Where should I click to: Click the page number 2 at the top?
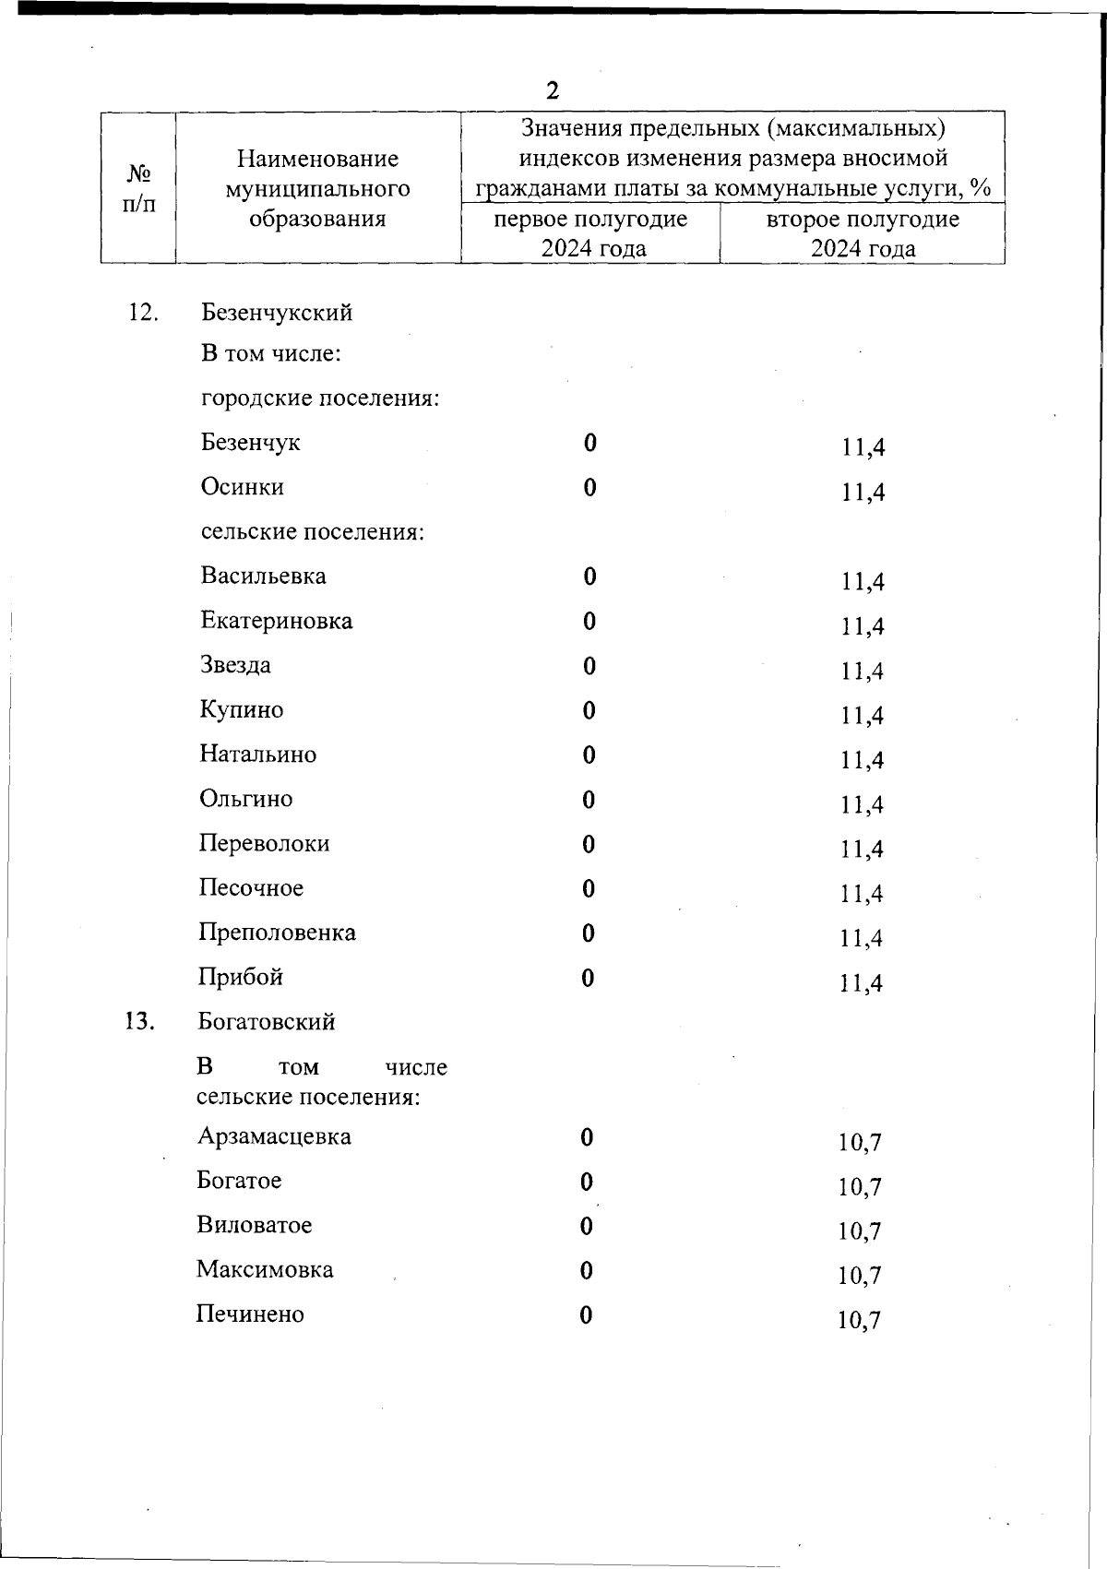pos(552,90)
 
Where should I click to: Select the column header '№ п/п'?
pos(138,188)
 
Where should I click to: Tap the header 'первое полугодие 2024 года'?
pos(590,233)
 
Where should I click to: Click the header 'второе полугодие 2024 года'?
pos(863,233)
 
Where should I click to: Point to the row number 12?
pos(143,312)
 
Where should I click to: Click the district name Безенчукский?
pos(277,313)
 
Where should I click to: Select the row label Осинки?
pos(243,487)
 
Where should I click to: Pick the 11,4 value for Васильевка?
pos(863,582)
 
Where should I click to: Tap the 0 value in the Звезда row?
pos(589,666)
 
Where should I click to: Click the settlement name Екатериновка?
pos(277,621)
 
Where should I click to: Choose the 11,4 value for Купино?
pos(863,716)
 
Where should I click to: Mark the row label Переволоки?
pos(265,844)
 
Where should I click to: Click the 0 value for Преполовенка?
pos(589,933)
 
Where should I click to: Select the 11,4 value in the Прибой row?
pos(862,983)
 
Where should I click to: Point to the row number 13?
pos(139,1022)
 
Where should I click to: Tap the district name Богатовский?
pos(267,1022)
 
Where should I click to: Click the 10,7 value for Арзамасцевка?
pos(860,1143)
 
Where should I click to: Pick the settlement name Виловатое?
pos(255,1225)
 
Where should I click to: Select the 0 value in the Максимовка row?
pos(586,1271)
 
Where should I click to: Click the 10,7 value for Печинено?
pos(859,1321)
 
